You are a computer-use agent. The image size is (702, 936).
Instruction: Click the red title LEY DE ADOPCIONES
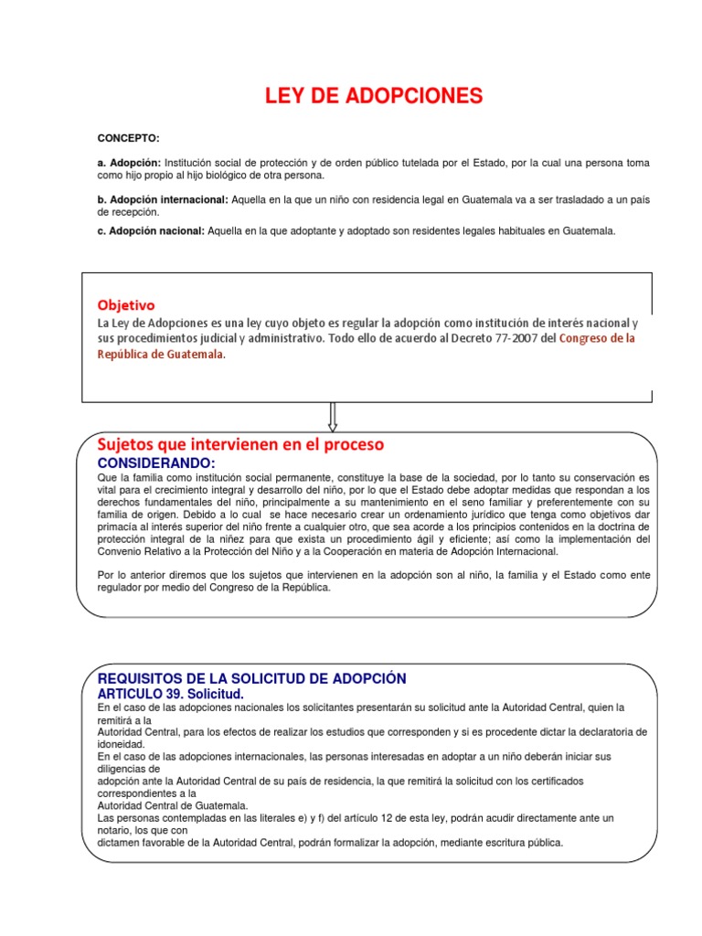click(x=374, y=96)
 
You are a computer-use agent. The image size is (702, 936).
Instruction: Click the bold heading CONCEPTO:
click(x=128, y=138)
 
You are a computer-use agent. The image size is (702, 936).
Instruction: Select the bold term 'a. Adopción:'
click(x=129, y=163)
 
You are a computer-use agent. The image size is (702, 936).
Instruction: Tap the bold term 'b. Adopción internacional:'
click(x=164, y=199)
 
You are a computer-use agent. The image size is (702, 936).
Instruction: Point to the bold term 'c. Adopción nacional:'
click(x=151, y=231)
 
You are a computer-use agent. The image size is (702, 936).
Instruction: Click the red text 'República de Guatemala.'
click(x=160, y=355)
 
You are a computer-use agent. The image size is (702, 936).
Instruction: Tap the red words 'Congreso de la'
click(x=596, y=338)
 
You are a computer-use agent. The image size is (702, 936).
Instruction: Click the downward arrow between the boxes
click(x=332, y=417)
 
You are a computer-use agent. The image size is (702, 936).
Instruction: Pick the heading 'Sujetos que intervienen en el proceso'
click(x=240, y=444)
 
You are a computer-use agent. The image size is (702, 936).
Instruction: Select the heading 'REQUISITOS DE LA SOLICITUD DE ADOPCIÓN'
click(x=251, y=678)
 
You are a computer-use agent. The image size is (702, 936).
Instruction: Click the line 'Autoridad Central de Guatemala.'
click(x=172, y=805)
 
